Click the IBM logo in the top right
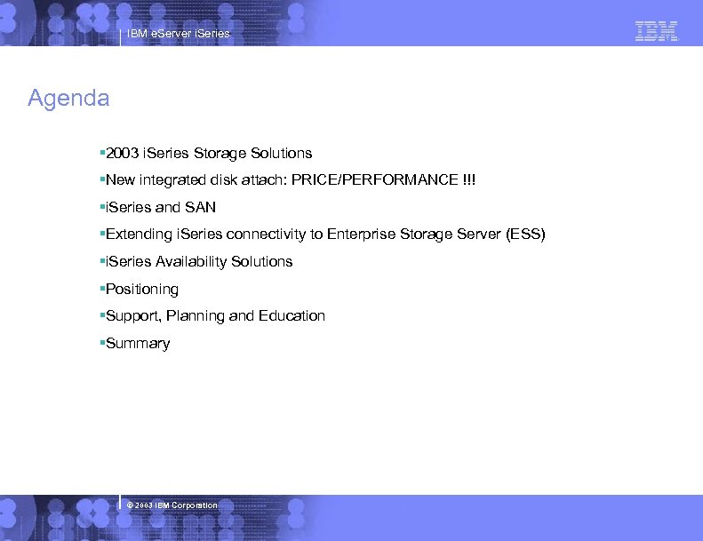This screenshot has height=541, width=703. coord(657,31)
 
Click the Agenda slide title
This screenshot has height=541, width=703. coord(68,98)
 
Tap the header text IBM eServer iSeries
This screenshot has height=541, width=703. coord(178,34)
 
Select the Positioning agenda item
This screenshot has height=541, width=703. coord(141,289)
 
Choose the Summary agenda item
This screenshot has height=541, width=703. coord(137,343)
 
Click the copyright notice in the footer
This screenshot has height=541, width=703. coord(172,505)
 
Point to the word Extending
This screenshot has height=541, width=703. coord(139,235)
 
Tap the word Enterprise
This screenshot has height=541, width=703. coord(361,235)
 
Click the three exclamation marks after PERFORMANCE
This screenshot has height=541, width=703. coord(469,180)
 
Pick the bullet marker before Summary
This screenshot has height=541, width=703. coord(102,343)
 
